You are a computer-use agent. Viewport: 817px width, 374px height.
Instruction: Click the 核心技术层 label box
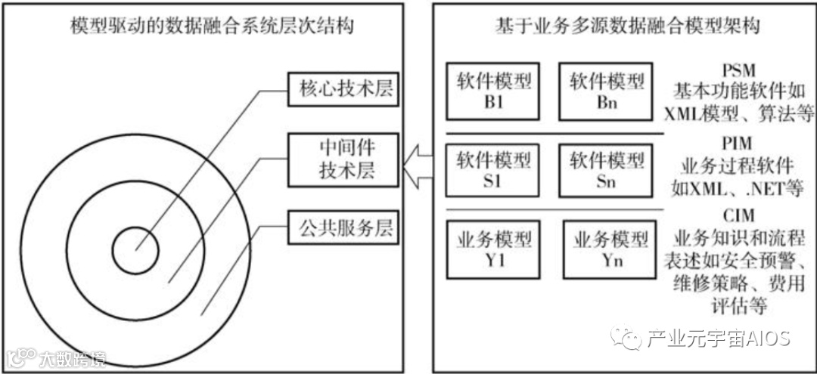point(343,91)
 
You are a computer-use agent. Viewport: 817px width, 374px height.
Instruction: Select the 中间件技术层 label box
point(343,159)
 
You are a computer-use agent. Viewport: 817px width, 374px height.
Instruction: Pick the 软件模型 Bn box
point(607,91)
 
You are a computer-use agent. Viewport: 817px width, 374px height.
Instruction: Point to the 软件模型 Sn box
point(607,171)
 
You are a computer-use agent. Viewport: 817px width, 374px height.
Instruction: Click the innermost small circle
point(135,249)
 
